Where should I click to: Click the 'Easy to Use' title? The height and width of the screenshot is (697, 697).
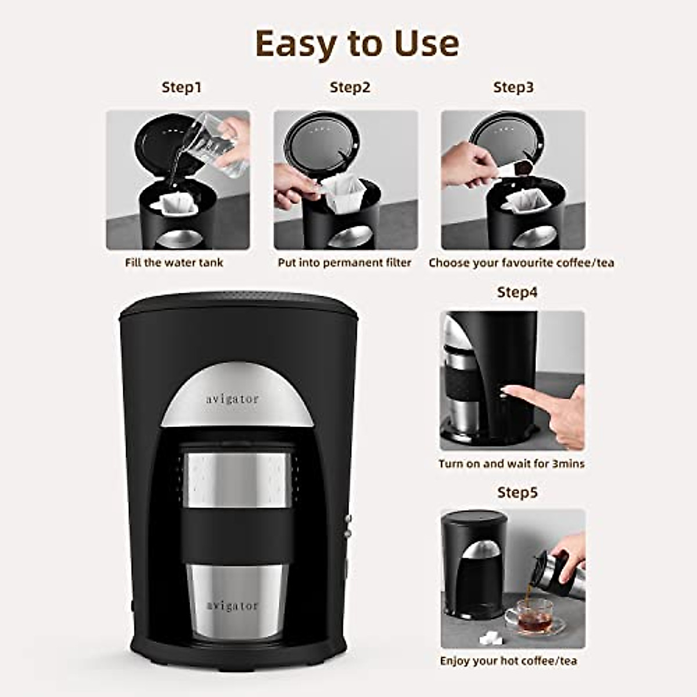357,44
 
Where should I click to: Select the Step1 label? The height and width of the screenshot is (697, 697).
181,88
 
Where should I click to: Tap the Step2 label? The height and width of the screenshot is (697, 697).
350,88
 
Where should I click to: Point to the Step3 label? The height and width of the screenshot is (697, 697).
513,88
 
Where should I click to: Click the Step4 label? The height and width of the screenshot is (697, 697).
517,292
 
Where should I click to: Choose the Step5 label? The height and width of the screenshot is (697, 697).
517,493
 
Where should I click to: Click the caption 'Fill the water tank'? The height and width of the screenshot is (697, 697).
174,263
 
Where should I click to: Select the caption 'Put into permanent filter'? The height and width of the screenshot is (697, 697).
344,263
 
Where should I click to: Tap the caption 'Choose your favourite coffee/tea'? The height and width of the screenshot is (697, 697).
521,263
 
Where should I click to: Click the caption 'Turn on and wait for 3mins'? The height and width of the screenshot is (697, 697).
511,464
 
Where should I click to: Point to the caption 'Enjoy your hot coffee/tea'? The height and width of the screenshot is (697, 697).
508,661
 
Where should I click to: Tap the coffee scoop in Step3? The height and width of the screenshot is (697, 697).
517,168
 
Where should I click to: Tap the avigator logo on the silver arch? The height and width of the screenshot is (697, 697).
232,399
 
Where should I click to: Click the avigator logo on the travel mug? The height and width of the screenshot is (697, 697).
232,605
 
